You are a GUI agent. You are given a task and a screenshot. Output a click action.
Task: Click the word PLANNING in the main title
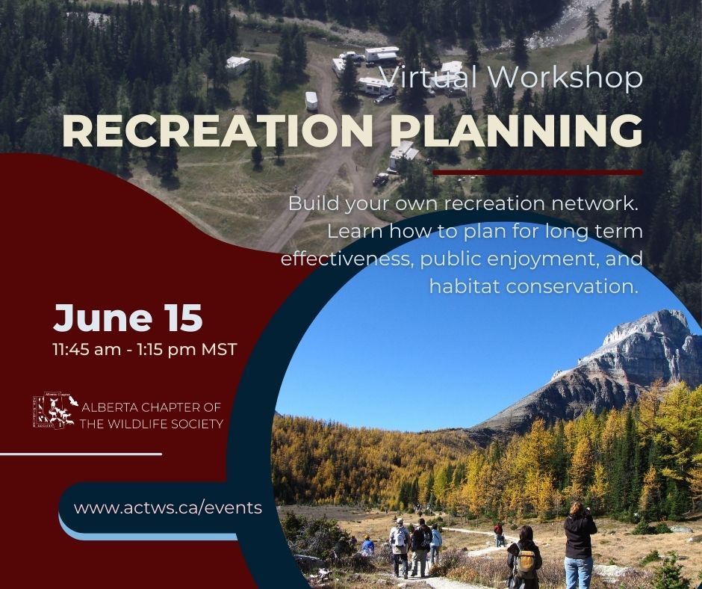517,132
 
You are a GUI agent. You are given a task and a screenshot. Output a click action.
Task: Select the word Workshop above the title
565,78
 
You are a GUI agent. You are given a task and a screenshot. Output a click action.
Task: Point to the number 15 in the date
180,318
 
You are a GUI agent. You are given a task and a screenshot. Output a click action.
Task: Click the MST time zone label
219,349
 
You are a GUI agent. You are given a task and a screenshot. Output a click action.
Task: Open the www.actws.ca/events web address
168,508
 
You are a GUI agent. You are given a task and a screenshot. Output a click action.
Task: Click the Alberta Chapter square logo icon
53,411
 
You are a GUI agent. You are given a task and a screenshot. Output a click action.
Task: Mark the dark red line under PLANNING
537,172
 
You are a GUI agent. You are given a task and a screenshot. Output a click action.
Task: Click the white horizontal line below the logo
81,454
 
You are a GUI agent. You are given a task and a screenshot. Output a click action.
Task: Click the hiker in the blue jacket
368,546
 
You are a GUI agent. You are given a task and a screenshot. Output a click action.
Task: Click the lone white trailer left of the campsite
238,65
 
